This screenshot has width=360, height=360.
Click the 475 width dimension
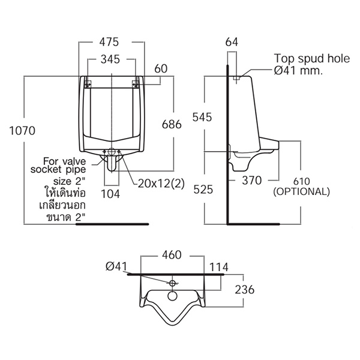click(109, 42)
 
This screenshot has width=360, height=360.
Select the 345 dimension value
click(110, 59)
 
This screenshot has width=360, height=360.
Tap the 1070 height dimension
click(22, 131)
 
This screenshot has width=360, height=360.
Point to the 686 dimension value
click(172, 124)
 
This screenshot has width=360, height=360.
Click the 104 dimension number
click(110, 194)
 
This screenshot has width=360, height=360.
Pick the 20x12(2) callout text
click(161, 184)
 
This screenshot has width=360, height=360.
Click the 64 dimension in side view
click(232, 42)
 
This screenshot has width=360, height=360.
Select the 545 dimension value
click(202, 118)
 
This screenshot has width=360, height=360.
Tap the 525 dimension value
click(203, 190)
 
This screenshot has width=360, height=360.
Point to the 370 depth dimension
click(252, 181)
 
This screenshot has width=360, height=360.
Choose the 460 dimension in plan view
click(172, 255)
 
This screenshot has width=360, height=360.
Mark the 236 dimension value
click(245, 290)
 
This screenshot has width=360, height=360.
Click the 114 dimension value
click(219, 267)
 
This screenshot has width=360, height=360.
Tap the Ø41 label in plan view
click(116, 266)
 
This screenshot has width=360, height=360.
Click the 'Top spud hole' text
click(312, 59)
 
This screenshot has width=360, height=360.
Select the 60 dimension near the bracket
click(161, 68)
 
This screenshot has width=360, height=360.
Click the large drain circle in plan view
click(172, 296)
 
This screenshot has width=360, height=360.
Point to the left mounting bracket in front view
click(88, 84)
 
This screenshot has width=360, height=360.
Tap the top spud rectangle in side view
click(236, 78)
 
